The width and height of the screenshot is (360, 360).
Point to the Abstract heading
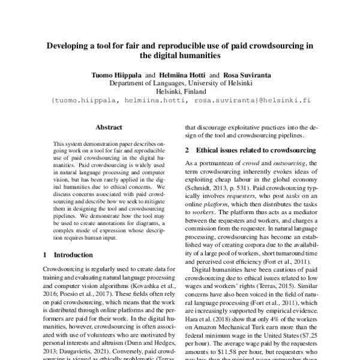[109, 127]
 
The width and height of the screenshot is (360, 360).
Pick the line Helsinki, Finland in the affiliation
[180, 92]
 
